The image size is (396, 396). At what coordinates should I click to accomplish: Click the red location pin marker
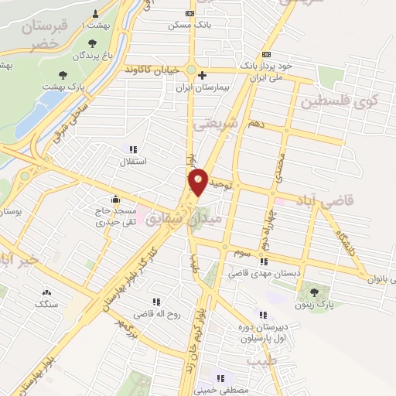click(198, 181)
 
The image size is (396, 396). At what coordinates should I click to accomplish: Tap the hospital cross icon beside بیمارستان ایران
click(202, 76)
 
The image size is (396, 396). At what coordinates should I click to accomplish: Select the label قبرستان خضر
click(45, 35)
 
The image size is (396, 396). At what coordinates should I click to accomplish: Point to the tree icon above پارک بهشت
click(63, 75)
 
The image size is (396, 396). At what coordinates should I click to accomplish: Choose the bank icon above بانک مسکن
click(191, 14)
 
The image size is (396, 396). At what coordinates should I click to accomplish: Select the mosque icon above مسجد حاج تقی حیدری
click(115, 198)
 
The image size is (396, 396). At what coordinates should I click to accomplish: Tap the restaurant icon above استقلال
click(132, 149)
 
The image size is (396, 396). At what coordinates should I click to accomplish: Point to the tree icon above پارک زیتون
click(315, 292)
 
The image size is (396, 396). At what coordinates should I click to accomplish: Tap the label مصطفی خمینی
click(221, 391)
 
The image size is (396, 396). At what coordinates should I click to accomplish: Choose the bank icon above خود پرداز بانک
click(267, 55)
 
